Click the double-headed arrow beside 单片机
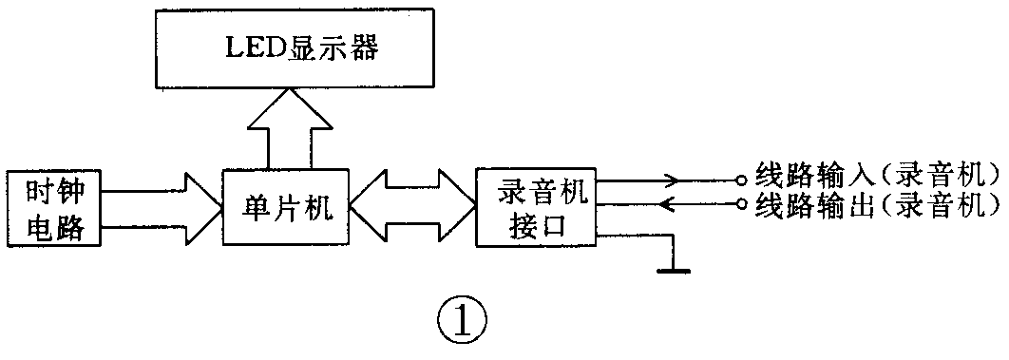[411, 206]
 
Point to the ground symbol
[672, 268]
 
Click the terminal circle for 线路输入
[739, 179]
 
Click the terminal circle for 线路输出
[739, 203]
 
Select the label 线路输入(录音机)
[877, 176]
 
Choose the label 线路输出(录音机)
[877, 203]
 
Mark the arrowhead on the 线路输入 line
[671, 179]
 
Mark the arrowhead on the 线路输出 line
[669, 203]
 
